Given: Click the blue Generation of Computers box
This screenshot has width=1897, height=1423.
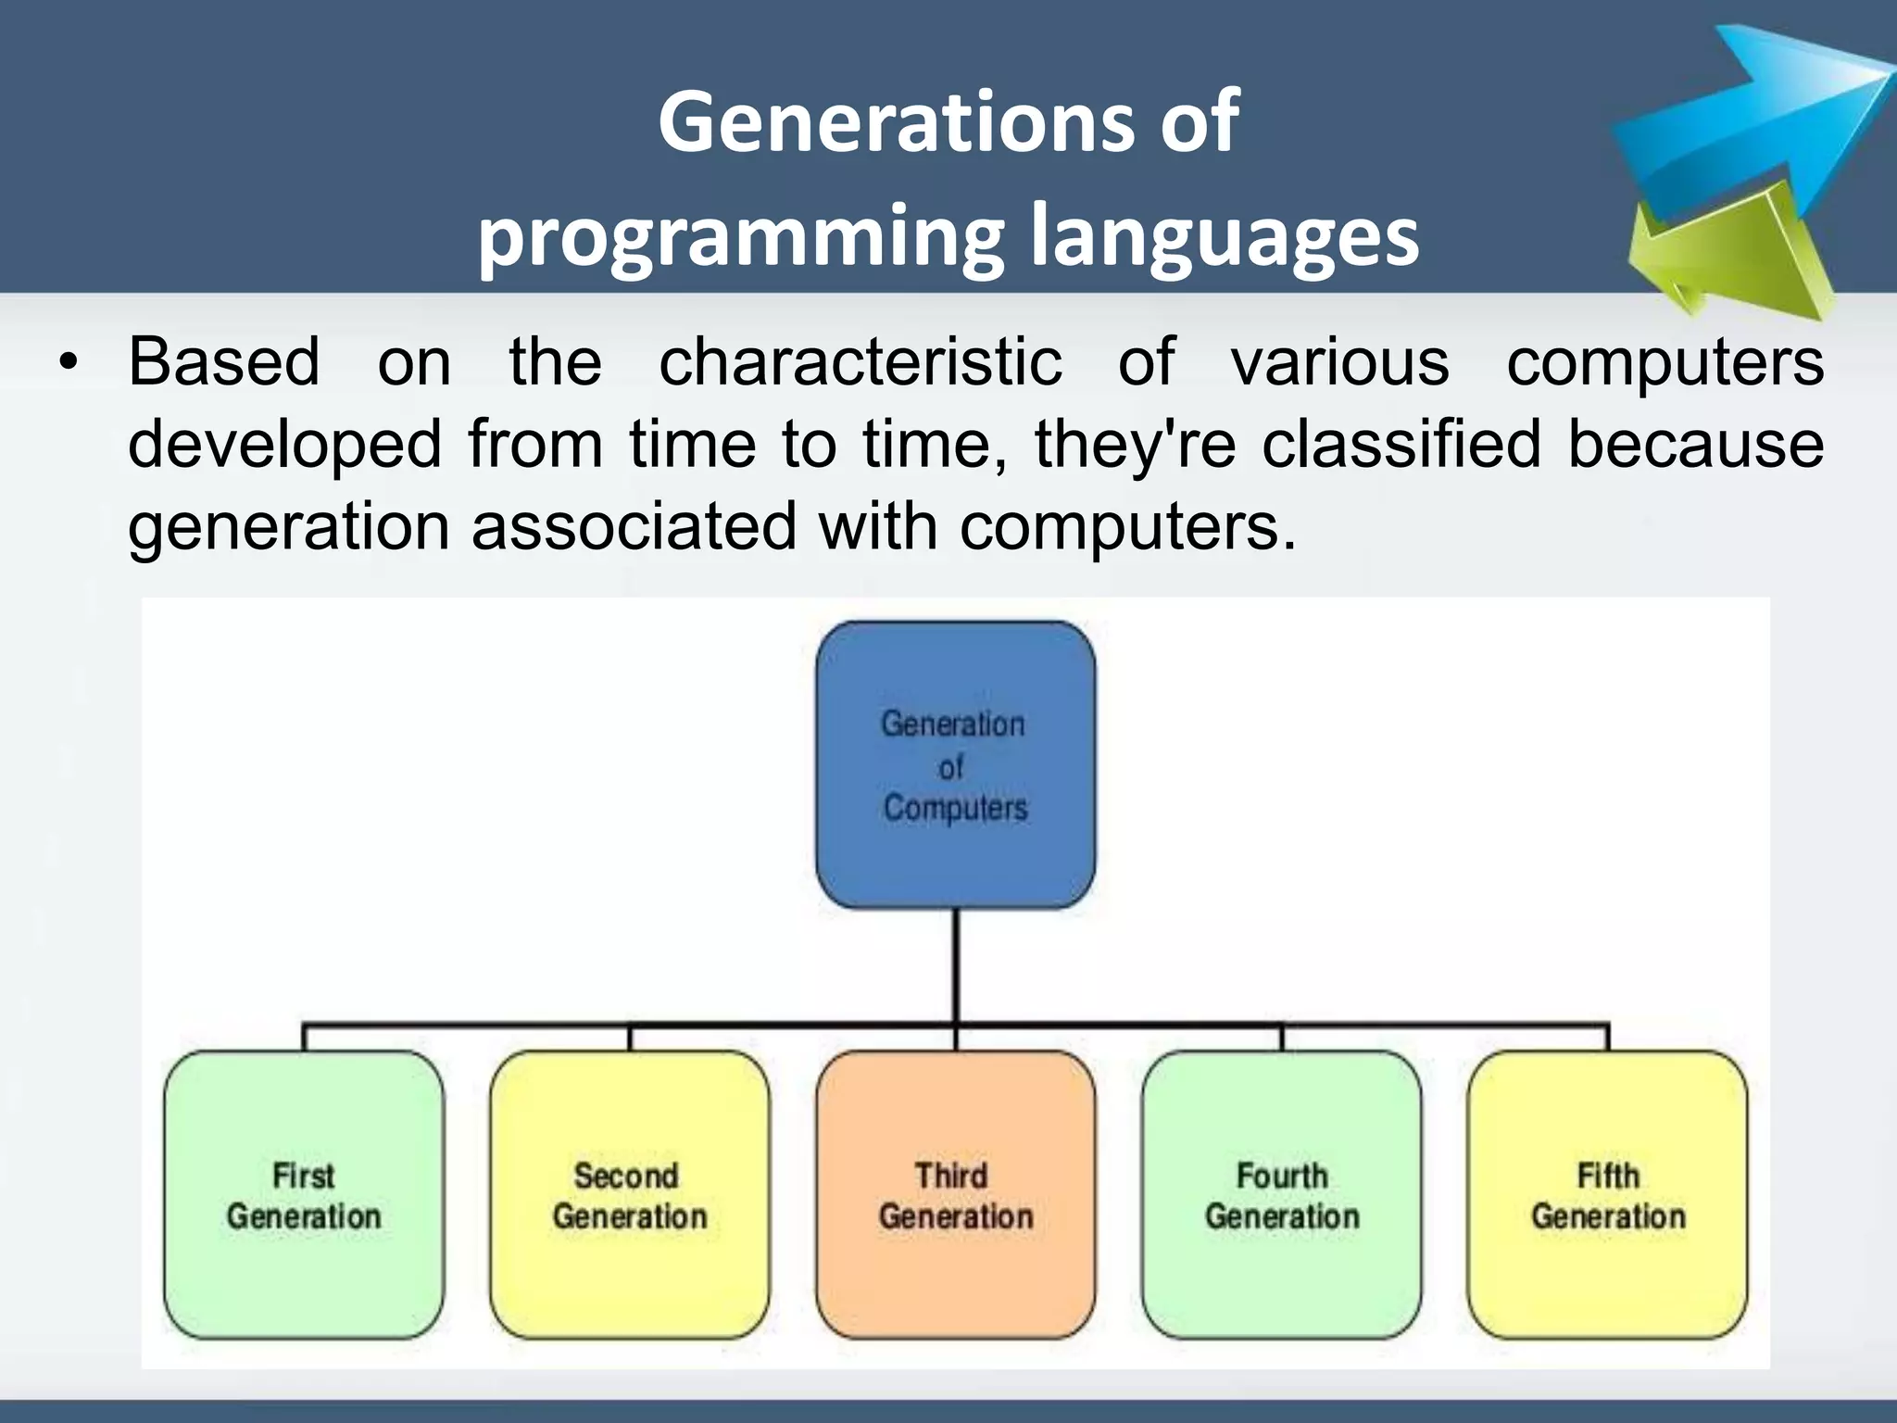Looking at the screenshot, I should (x=955, y=764).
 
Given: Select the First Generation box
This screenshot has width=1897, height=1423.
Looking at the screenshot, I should (x=304, y=1195).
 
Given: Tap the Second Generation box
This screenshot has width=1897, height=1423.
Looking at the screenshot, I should (x=630, y=1195).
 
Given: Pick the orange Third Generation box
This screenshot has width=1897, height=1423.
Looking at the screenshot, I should (x=955, y=1195).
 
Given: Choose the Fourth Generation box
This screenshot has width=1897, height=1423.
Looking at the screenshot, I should (x=1282, y=1195).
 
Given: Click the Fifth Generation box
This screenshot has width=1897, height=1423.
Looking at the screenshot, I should (x=1608, y=1195).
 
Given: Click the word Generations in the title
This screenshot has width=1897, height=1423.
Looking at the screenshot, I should (x=894, y=122).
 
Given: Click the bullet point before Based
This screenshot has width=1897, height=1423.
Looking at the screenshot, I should (x=67, y=363).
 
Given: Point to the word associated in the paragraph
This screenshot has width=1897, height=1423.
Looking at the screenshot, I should (x=634, y=526).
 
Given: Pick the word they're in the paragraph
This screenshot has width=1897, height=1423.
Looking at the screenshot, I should (x=1135, y=444).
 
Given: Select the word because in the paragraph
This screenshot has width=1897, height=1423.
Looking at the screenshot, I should (x=1695, y=444).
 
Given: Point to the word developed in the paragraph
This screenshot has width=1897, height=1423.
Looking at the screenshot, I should (x=285, y=444).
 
